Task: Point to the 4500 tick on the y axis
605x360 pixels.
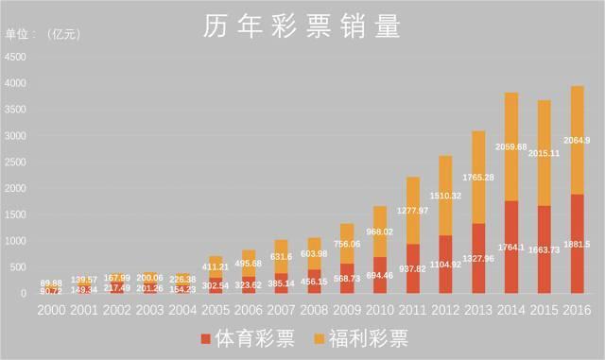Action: coord(16,57)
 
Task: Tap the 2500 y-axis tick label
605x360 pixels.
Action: coord(16,162)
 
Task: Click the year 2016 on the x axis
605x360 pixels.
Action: coord(577,310)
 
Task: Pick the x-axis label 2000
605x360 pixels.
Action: coord(51,310)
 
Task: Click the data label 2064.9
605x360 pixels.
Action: coord(577,141)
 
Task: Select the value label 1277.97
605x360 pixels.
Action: coord(413,210)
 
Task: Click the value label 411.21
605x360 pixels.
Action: coord(216,266)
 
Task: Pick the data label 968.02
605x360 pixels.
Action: coord(380,231)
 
